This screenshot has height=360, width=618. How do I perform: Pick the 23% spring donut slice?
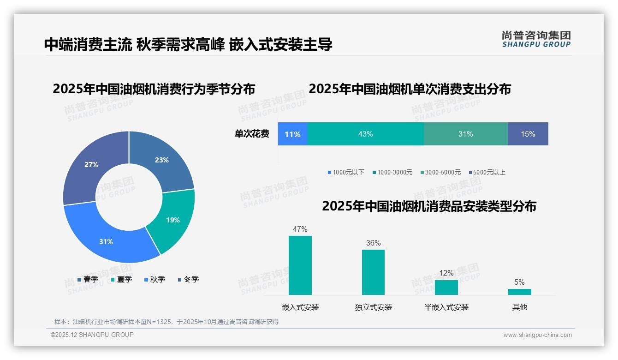161,160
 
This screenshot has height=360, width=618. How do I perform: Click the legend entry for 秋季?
154,279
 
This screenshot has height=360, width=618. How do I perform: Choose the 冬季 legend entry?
188,279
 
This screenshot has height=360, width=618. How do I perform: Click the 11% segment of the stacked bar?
292,134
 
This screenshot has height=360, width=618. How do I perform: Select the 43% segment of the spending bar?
365,134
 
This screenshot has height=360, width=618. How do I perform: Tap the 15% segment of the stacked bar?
528,134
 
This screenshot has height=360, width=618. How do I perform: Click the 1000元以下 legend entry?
346,172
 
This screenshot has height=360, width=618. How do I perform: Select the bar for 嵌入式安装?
300,265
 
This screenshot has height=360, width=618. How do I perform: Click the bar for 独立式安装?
373,272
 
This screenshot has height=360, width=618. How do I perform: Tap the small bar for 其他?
519,292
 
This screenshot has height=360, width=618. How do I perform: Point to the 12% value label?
446,273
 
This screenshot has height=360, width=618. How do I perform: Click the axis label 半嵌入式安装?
446,307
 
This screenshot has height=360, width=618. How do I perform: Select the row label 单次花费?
252,134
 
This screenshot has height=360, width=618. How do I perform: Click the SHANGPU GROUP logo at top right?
536,39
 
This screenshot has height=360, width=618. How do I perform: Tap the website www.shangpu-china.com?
537,335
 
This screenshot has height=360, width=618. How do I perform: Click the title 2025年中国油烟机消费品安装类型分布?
429,206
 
